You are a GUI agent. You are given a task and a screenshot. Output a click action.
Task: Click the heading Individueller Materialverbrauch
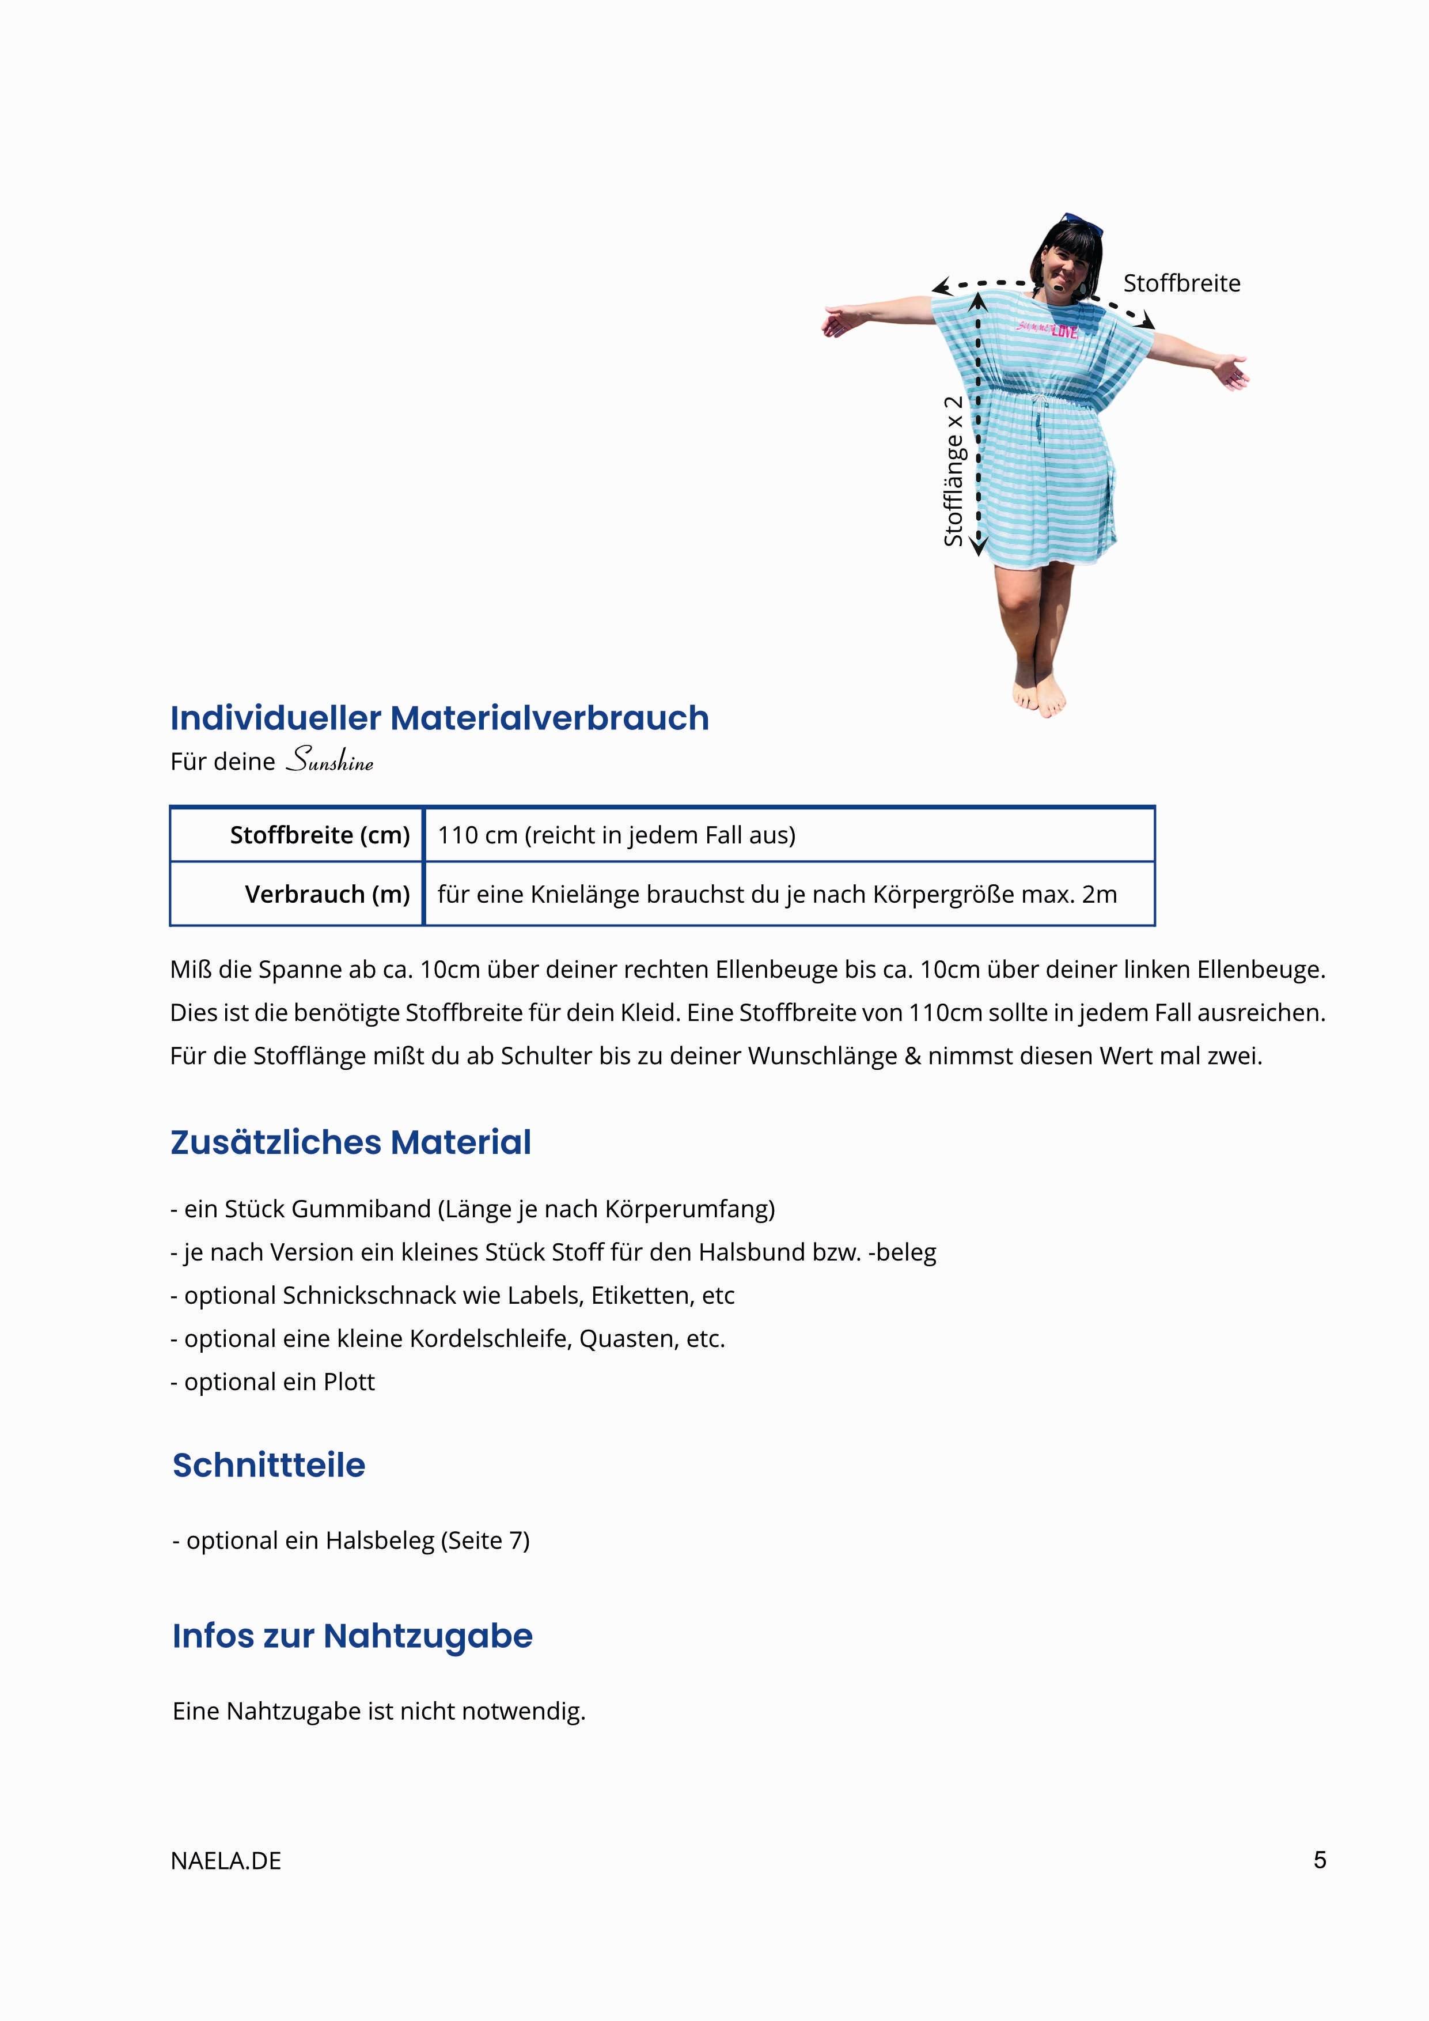pos(439,718)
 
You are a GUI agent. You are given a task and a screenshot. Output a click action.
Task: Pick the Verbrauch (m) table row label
pos(327,894)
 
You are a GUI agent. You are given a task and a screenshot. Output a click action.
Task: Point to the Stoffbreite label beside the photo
pos(1181,283)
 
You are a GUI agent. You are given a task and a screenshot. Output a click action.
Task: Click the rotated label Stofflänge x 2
pos(954,471)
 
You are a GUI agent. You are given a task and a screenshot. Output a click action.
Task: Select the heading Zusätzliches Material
pos(350,1142)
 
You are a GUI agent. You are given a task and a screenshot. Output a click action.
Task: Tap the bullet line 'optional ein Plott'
pos(273,1382)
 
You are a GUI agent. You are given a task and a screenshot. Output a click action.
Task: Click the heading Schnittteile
pos(268,1466)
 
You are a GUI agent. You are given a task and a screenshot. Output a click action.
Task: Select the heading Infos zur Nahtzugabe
pos(352,1636)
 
